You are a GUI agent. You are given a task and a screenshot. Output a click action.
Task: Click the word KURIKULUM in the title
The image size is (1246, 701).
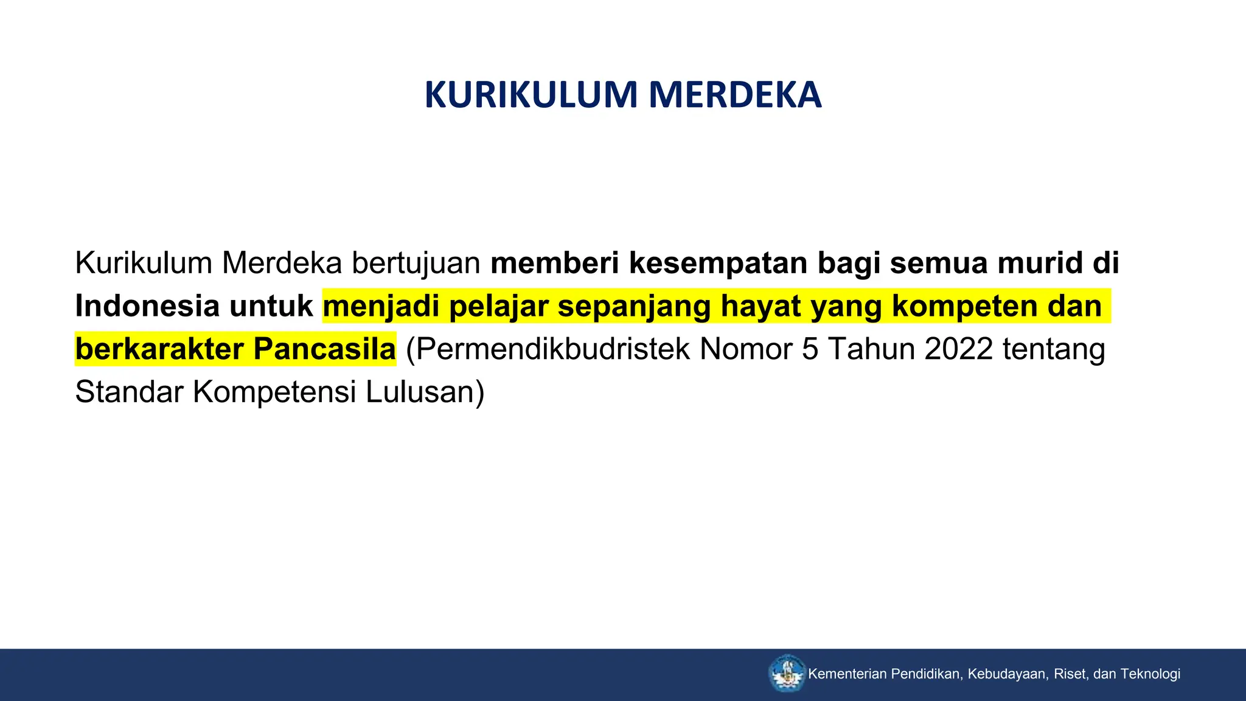click(x=531, y=96)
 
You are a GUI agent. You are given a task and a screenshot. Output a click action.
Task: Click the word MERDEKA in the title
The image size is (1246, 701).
click(x=735, y=96)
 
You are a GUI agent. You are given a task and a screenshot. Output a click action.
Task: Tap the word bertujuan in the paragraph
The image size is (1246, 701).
click(x=416, y=263)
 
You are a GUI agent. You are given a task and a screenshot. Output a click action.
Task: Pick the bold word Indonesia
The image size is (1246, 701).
click(x=147, y=306)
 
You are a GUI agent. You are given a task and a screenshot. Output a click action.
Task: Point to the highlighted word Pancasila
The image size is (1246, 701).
click(x=324, y=349)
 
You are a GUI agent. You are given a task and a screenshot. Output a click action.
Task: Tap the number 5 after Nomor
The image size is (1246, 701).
click(x=810, y=349)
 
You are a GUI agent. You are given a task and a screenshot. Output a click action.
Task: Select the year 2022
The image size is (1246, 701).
click(x=958, y=349)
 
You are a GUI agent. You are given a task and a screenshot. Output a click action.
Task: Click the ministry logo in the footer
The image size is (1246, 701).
click(x=787, y=674)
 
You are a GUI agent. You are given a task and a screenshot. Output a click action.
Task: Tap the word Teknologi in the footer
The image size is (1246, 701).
click(x=1150, y=674)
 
